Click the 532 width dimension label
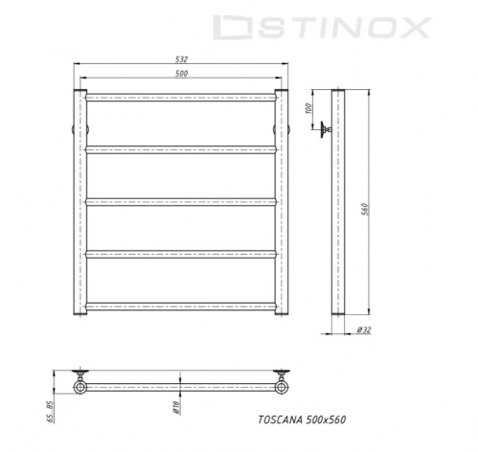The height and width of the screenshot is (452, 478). [181, 59]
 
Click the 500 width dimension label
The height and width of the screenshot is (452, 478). [181, 74]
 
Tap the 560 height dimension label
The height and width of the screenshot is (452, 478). [365, 209]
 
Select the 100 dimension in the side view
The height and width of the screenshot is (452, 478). [308, 109]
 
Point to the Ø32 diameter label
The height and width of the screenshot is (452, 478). [364, 329]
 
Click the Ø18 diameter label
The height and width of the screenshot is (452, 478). [176, 407]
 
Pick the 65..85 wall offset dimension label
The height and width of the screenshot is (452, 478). [51, 412]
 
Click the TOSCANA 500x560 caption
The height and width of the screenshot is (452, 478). [302, 419]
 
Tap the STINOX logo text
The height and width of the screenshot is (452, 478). [323, 28]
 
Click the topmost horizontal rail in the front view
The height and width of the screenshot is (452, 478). [181, 98]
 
